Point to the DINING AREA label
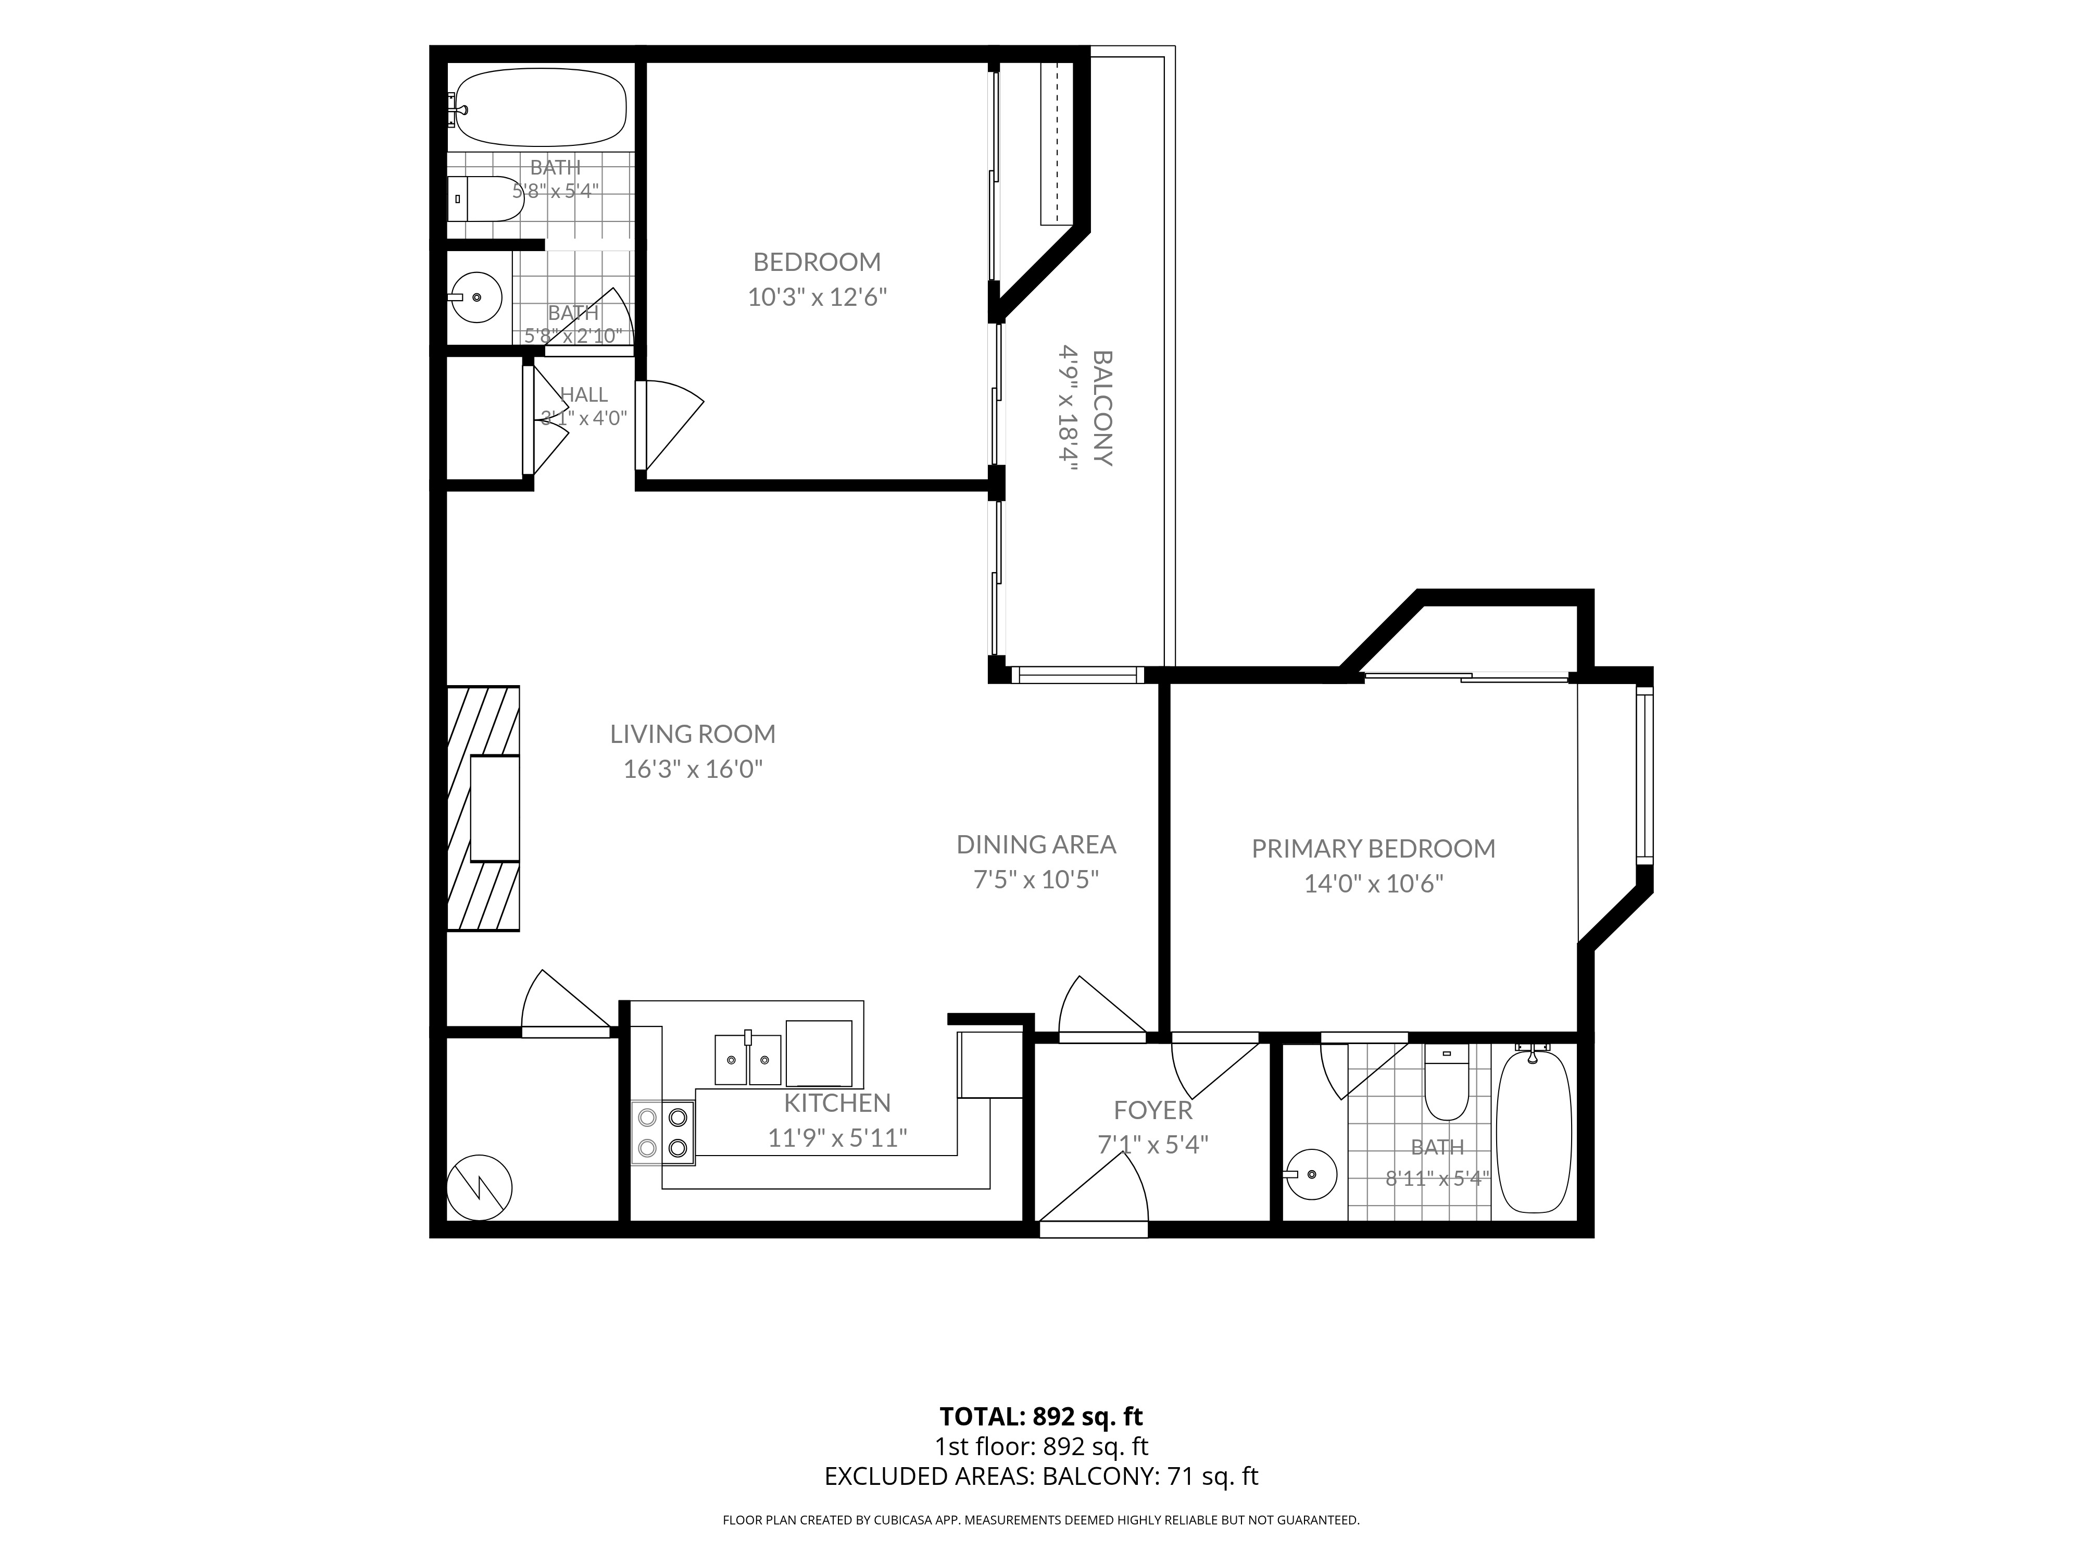point(1036,844)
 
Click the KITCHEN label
point(837,1102)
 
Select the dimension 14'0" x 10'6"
point(1373,884)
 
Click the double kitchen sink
point(749,1059)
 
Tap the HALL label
point(584,395)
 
